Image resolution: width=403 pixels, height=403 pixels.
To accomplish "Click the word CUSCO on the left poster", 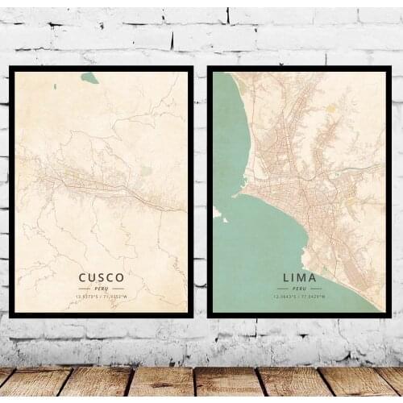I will (102, 278).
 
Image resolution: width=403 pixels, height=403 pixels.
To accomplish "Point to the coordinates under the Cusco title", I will (102, 297).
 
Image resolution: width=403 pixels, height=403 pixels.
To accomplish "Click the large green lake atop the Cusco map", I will (89, 78).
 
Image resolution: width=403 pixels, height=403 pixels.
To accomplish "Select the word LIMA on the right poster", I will (299, 278).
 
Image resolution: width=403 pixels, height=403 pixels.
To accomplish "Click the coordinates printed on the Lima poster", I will (299, 297).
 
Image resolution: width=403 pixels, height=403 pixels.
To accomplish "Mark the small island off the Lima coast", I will (217, 213).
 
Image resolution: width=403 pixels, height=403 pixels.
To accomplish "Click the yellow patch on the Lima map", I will (331, 107).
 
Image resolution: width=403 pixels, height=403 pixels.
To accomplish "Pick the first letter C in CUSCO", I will (82, 278).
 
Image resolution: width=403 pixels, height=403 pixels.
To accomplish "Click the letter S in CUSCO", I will (102, 278).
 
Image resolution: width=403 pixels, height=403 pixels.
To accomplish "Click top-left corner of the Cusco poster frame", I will (10, 68).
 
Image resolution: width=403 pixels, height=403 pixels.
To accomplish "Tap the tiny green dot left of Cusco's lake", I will (55, 86).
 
